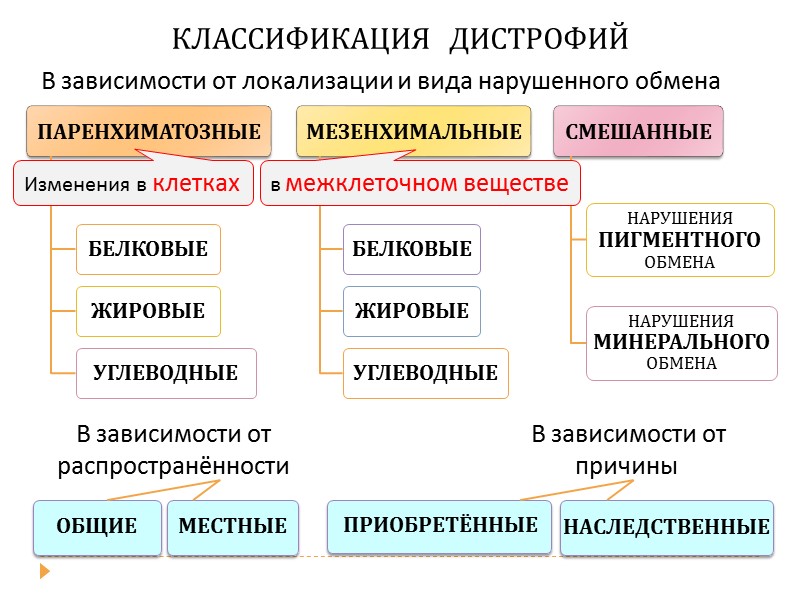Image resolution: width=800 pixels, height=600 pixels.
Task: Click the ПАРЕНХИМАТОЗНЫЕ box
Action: [x=149, y=131]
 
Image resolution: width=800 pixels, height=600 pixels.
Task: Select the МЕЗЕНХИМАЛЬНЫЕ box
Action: [x=414, y=131]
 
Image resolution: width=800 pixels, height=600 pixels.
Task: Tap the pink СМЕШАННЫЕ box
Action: [x=638, y=131]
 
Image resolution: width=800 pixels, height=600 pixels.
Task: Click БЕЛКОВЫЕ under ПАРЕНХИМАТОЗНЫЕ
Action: [x=148, y=249]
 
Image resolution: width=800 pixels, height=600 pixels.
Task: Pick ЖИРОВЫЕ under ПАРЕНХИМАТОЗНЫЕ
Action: [x=147, y=311]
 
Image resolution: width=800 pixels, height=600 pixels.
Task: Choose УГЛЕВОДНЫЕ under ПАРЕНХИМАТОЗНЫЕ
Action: [x=166, y=373]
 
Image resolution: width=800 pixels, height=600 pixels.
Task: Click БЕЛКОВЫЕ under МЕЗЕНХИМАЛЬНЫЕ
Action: [x=412, y=249]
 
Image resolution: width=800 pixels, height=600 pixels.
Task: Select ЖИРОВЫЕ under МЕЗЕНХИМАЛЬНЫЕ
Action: [x=411, y=311]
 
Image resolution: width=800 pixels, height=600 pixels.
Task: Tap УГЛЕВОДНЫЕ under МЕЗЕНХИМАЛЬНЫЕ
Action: [x=425, y=373]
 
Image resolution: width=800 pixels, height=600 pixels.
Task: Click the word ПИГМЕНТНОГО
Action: [x=679, y=240]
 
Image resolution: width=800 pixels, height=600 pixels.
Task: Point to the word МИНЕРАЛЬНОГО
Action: [x=681, y=342]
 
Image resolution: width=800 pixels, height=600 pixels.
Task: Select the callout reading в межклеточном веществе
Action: [x=419, y=184]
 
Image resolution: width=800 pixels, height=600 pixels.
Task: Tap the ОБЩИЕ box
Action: [x=97, y=526]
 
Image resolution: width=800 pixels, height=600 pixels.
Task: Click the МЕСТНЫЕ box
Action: [x=233, y=526]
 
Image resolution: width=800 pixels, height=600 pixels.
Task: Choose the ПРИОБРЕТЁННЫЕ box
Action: [x=440, y=525]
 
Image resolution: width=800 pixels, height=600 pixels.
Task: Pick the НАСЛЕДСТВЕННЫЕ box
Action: [x=667, y=527]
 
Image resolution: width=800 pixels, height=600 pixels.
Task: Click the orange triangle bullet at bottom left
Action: [x=44, y=572]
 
